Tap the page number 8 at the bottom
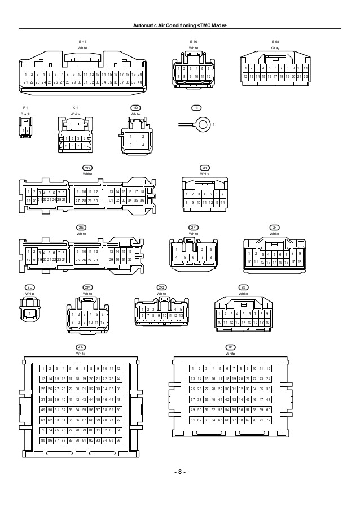[179, 472]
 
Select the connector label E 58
[275, 42]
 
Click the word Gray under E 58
[275, 48]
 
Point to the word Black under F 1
[25, 114]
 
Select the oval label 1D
[135, 107]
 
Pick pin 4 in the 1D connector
[143, 145]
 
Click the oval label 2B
[87, 168]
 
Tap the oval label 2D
[205, 168]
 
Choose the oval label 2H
[274, 227]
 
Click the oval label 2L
[29, 287]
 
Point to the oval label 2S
[243, 287]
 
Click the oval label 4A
[81, 347]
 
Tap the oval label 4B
[230, 347]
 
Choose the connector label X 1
[75, 107]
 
